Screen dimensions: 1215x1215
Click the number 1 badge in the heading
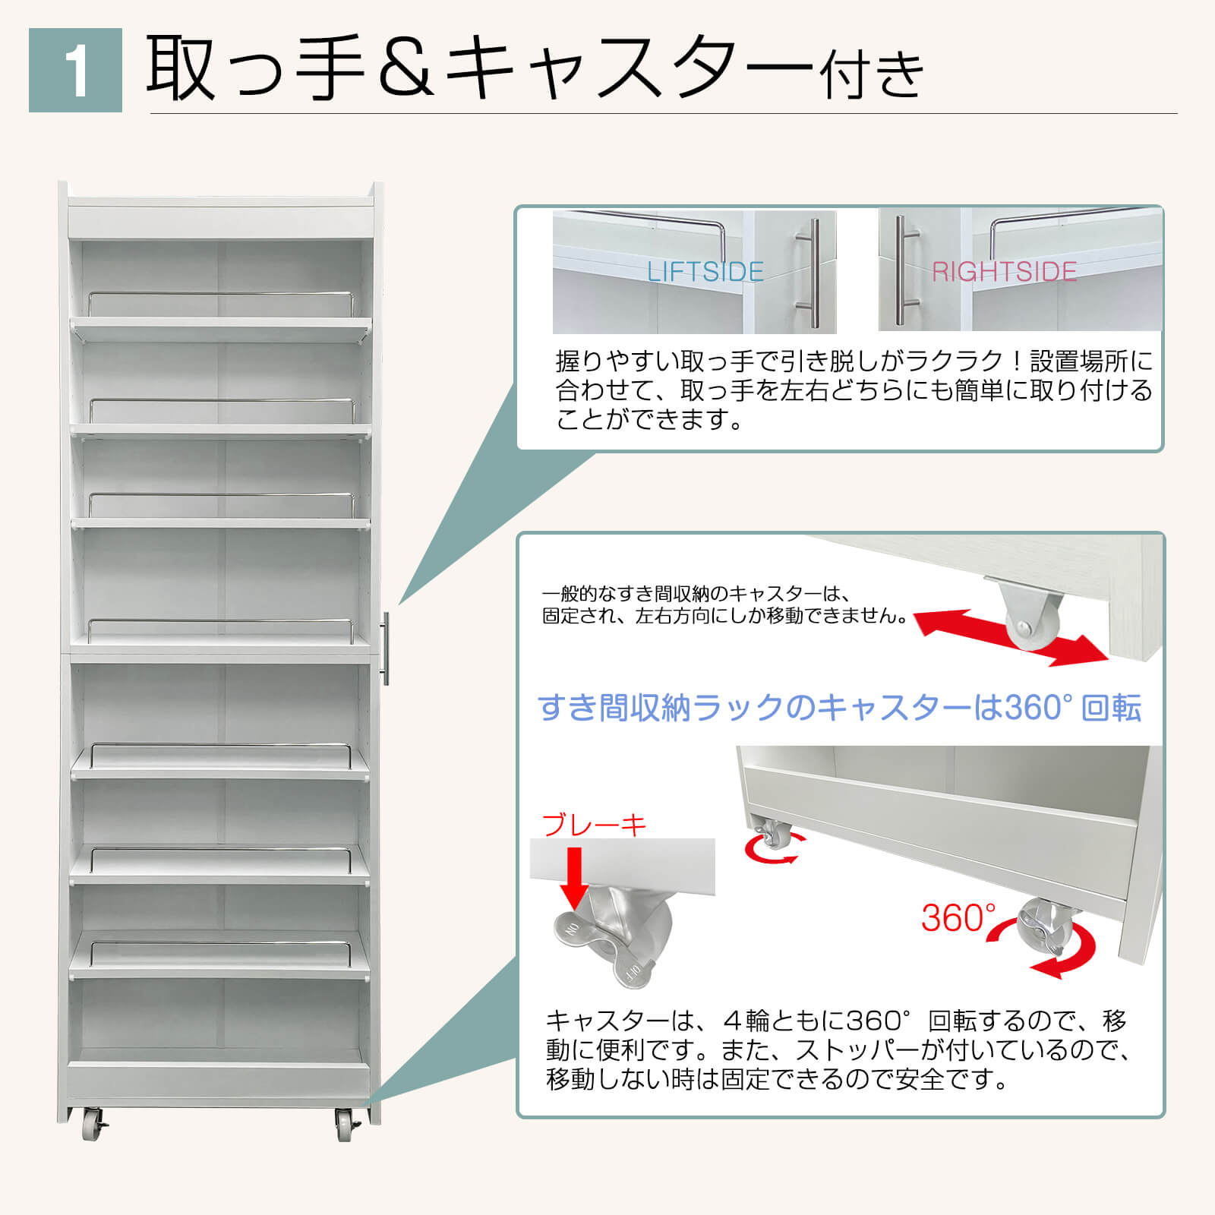point(75,70)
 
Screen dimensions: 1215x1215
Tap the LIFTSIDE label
point(705,271)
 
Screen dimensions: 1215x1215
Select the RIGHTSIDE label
point(1004,271)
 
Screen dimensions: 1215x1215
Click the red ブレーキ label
point(594,824)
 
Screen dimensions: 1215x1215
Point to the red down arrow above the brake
point(576,877)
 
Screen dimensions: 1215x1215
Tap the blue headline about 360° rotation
point(839,707)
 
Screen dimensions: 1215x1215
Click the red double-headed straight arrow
point(1010,637)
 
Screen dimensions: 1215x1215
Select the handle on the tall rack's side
point(386,649)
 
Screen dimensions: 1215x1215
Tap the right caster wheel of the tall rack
point(348,1124)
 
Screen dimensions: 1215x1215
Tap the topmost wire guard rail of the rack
point(221,303)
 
